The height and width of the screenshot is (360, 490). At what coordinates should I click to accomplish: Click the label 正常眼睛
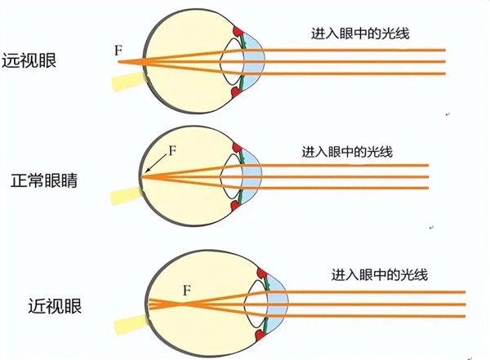point(38,179)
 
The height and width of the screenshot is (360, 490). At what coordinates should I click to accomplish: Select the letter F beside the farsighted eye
point(119,51)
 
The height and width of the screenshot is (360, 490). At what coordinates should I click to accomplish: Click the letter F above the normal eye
point(171,151)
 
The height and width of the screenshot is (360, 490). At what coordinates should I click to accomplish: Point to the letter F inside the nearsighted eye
point(186,289)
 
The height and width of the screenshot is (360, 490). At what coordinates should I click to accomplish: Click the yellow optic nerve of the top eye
point(126,81)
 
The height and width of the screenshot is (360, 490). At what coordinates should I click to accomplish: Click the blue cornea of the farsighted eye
point(258,61)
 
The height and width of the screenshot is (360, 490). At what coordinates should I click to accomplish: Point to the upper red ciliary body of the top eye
point(239,33)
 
